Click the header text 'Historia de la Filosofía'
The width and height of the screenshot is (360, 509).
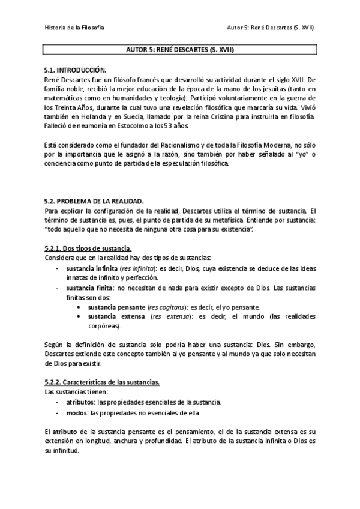point(75,28)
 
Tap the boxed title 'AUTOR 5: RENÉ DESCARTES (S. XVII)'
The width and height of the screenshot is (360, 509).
point(179,50)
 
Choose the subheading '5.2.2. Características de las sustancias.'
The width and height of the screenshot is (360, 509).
point(103,382)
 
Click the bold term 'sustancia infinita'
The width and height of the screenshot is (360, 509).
point(92,268)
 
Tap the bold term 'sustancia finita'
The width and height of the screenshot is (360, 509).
point(89,288)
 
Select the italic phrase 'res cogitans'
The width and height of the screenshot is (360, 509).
point(157,307)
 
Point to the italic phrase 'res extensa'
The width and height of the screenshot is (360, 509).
point(170,316)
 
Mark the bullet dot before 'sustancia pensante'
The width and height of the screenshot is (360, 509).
point(80,307)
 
